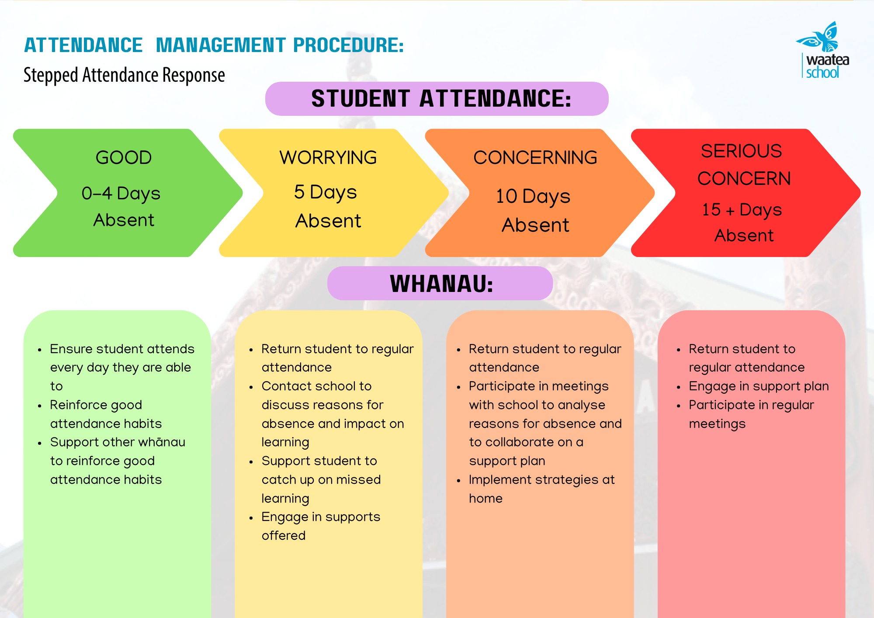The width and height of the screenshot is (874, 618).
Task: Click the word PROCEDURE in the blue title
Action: (x=348, y=45)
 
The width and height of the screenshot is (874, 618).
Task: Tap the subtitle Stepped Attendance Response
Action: (x=124, y=75)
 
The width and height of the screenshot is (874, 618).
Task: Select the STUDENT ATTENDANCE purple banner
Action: (x=437, y=99)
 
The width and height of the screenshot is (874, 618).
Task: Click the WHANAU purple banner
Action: (x=440, y=283)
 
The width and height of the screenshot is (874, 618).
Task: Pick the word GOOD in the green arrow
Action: (x=124, y=157)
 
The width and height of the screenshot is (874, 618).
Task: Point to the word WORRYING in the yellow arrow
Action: (x=328, y=157)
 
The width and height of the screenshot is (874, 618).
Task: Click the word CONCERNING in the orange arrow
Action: (x=535, y=157)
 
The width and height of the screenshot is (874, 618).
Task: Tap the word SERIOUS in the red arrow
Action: (x=742, y=151)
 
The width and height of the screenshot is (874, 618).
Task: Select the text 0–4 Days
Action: (x=121, y=194)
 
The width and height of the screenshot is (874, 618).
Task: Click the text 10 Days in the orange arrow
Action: (x=533, y=197)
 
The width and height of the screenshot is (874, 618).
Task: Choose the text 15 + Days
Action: (x=742, y=210)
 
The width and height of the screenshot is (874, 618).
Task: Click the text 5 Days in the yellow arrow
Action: (x=326, y=192)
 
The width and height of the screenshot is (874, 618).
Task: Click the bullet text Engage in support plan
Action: (x=759, y=386)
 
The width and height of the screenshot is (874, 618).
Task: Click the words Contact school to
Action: (x=316, y=386)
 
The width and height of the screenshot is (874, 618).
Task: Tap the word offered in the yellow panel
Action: (x=284, y=535)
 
